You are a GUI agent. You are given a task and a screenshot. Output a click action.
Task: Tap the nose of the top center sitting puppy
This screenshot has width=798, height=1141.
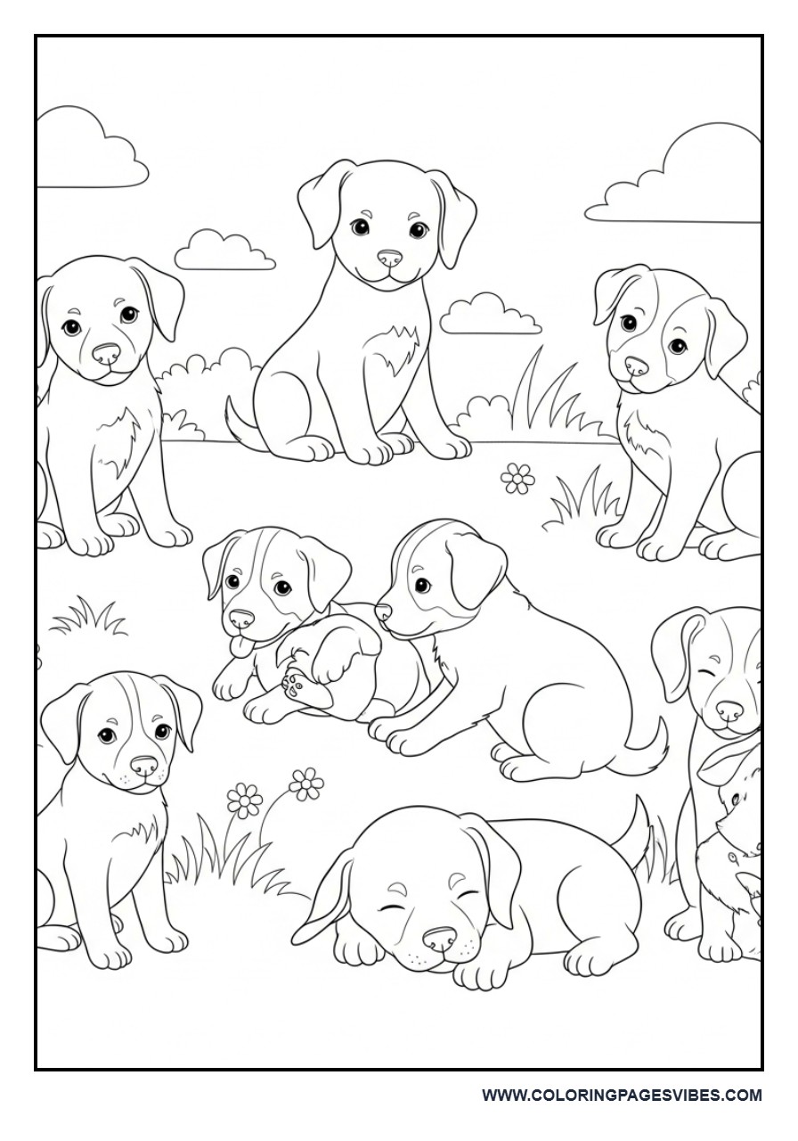[389, 259]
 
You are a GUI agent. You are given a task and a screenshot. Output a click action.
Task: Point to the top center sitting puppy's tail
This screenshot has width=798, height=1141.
[240, 424]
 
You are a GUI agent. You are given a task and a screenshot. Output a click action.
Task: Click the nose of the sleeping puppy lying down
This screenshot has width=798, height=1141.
[439, 939]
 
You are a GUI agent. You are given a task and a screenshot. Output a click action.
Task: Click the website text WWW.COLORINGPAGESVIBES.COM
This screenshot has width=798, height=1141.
[622, 1096]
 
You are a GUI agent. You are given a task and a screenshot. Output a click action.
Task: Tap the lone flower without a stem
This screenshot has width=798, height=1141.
[517, 479]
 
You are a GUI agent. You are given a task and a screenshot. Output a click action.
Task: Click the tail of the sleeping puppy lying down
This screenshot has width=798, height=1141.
[638, 829]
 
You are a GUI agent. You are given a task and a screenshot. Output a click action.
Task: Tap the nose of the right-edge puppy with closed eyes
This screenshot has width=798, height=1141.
[730, 711]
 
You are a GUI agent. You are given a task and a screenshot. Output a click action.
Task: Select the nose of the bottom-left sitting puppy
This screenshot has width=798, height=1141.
[144, 766]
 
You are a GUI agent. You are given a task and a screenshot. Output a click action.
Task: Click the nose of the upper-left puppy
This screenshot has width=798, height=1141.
[107, 355]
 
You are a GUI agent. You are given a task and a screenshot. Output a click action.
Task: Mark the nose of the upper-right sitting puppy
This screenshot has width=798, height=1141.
[637, 365]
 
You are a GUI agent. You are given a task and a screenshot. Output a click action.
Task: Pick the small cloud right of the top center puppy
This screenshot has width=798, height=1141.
[488, 315]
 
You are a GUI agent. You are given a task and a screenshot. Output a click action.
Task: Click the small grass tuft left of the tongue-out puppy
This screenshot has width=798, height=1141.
[89, 617]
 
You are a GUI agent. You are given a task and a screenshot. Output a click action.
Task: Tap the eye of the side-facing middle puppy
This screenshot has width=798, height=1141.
[421, 585]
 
